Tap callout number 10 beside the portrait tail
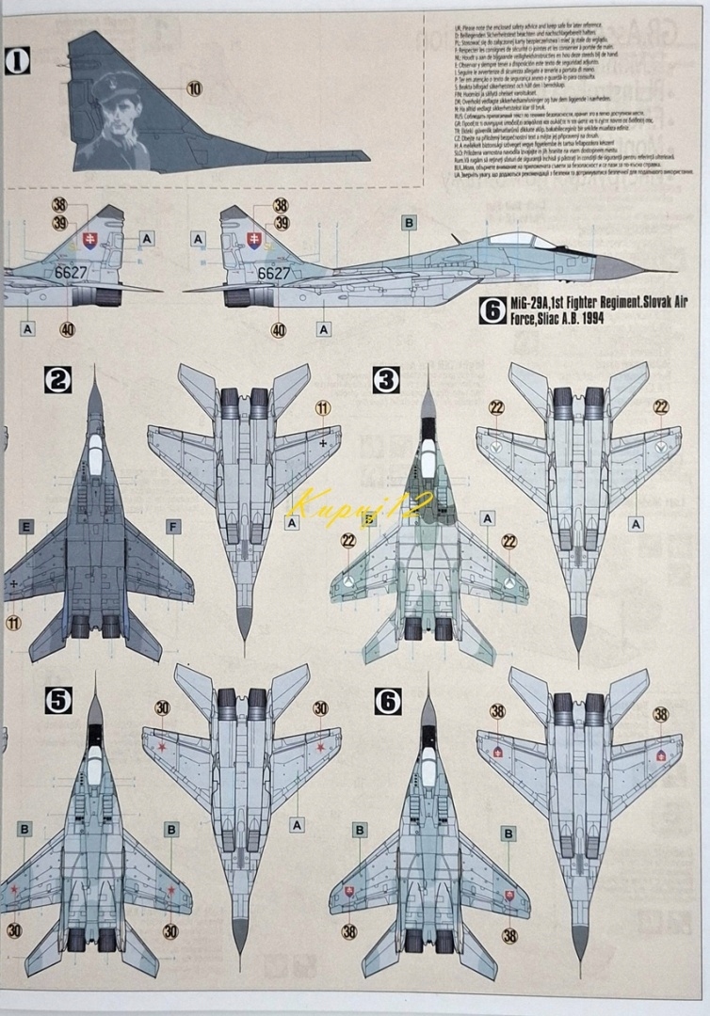[x=195, y=88]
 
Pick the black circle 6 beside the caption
[x=489, y=310]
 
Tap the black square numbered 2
[x=58, y=380]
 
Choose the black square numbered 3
[x=387, y=380]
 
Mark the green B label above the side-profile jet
[x=409, y=223]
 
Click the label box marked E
[x=25, y=526]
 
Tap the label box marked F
[x=172, y=526]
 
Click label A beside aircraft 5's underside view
[x=298, y=825]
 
